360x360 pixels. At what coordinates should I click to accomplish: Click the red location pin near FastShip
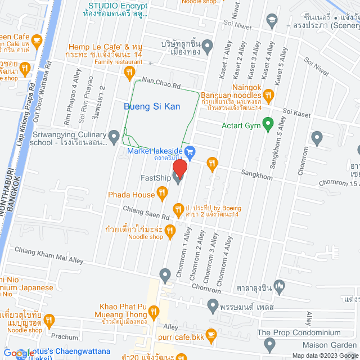tap(179, 168)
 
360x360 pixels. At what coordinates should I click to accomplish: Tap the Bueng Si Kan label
tap(148, 106)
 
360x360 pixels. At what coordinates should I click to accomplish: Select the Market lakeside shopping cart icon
tap(190, 151)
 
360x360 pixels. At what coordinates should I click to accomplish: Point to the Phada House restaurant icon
tap(162, 195)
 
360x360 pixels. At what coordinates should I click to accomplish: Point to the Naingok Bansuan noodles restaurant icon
tap(268, 94)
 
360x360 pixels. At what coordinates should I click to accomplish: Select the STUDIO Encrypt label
tap(118, 6)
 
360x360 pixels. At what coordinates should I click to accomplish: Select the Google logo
tap(18, 353)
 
